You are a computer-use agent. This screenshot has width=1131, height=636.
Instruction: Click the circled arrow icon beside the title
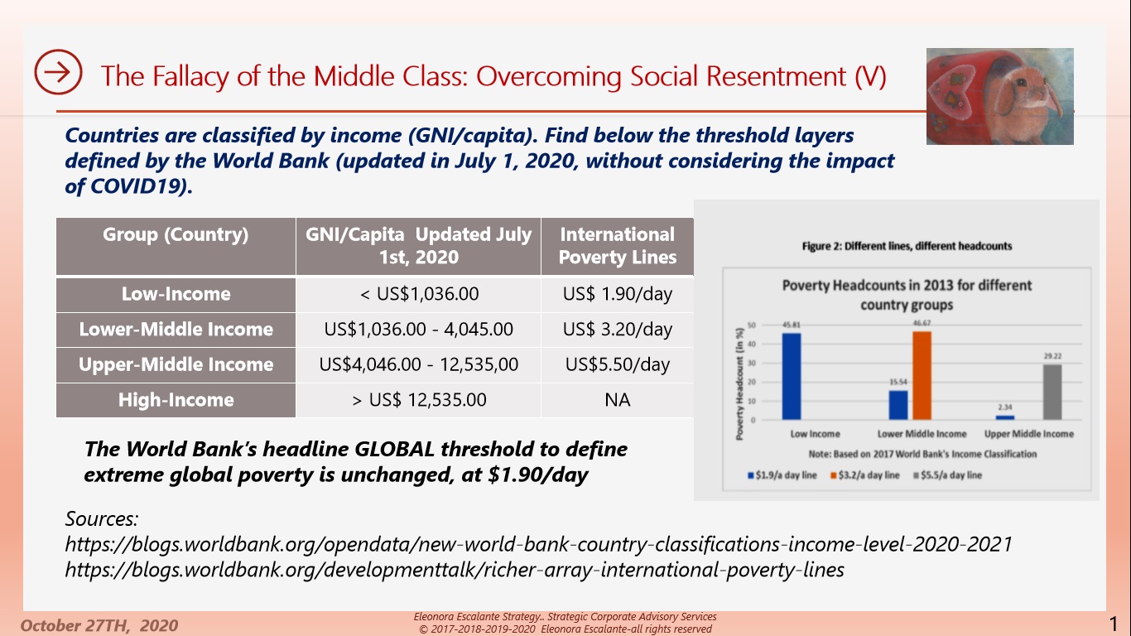click(58, 72)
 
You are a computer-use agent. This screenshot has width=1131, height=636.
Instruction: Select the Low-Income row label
click(176, 294)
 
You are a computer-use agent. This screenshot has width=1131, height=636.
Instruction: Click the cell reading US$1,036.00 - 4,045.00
click(418, 330)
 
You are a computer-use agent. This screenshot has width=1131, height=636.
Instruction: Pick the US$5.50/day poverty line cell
click(617, 364)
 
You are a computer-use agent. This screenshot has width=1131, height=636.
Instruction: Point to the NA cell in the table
click(617, 400)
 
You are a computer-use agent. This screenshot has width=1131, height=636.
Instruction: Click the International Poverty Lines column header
click(617, 246)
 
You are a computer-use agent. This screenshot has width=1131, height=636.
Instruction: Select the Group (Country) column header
click(176, 235)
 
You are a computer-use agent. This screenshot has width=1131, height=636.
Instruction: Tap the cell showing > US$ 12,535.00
click(418, 400)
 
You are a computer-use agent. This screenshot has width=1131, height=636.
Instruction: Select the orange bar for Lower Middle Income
click(922, 375)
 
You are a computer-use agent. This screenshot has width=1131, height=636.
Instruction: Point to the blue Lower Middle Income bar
click(898, 405)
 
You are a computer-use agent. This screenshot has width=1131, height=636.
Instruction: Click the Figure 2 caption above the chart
click(907, 246)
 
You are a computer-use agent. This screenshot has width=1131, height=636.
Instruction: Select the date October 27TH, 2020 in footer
click(99, 625)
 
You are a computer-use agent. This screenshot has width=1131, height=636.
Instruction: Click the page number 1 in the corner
click(1114, 623)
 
